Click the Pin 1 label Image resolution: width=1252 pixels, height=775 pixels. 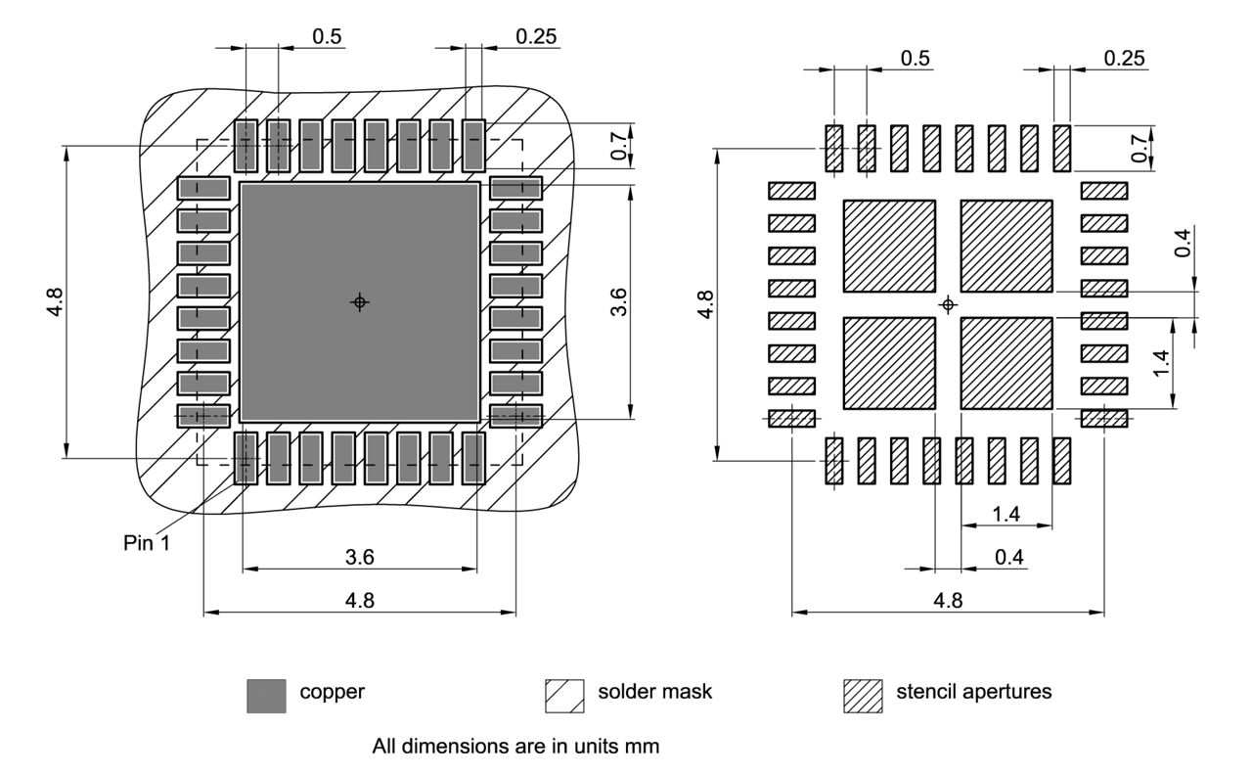pyautogui.click(x=147, y=543)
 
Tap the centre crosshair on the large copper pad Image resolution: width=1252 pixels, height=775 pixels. pyautogui.click(x=360, y=302)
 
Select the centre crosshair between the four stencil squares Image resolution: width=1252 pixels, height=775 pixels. pyautogui.click(x=947, y=305)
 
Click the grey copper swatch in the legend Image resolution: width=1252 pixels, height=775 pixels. pyautogui.click(x=266, y=696)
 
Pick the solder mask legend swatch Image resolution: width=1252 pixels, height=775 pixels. pyautogui.click(x=563, y=696)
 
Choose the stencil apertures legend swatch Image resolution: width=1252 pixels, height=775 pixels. pyautogui.click(x=863, y=696)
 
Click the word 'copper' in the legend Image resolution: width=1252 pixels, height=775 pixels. pyautogui.click(x=332, y=692)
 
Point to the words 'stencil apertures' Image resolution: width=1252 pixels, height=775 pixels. pyautogui.click(x=973, y=692)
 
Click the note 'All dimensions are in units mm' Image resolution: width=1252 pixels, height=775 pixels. pyautogui.click(x=515, y=747)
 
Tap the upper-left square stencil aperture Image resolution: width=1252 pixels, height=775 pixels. pyautogui.click(x=888, y=246)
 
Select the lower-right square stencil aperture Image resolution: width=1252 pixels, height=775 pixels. pyautogui.click(x=1006, y=363)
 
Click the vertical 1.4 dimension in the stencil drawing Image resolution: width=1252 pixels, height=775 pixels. pyautogui.click(x=1161, y=364)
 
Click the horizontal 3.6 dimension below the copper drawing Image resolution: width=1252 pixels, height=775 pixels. pyautogui.click(x=360, y=558)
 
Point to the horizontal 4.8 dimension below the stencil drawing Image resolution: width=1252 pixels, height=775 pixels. pyautogui.click(x=948, y=601)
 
